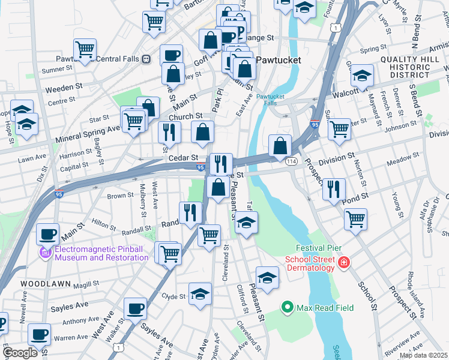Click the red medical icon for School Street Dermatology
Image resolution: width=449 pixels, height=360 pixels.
pos(343,263)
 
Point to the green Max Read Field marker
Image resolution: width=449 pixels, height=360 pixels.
pos(288,308)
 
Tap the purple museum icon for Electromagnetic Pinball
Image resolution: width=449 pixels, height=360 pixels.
pos(46,253)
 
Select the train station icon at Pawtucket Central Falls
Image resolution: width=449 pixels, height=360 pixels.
pos(146,59)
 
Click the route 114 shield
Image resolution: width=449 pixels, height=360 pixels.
pos(292,161)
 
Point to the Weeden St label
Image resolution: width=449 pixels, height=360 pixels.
pos(64,87)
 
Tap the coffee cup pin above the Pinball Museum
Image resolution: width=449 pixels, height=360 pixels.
pos(48,233)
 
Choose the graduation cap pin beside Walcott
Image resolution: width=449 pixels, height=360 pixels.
pos(363,76)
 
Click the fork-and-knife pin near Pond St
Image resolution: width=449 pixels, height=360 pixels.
pos(334,189)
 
